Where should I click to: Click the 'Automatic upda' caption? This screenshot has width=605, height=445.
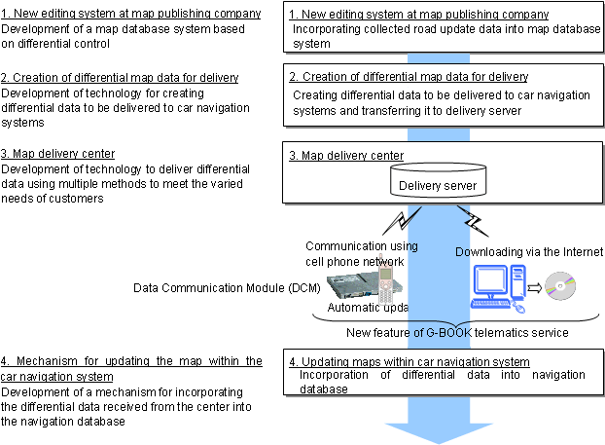367,308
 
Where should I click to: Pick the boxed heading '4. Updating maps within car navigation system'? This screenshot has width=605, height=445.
409,361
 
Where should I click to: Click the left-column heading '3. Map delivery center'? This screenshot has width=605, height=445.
58,153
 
